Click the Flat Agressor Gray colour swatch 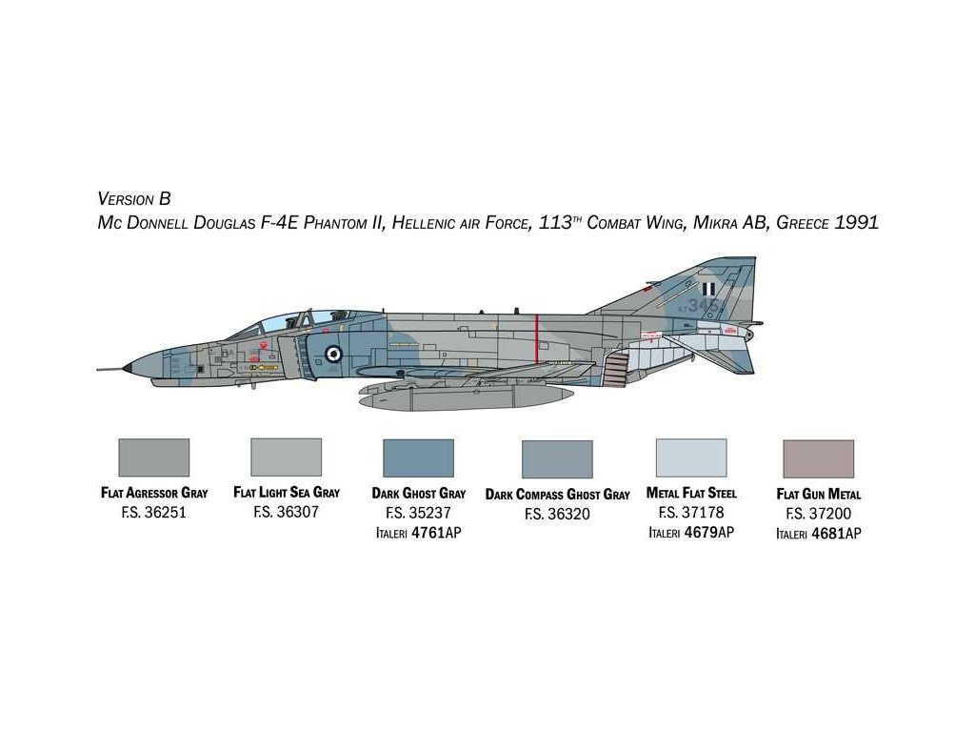pos(153,457)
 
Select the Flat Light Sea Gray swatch pos(286,457)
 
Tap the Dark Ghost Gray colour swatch pos(418,458)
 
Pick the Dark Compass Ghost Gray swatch pos(557,459)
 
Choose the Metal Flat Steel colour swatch pos(691,457)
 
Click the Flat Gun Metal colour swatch pos(818,458)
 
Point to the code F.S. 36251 pos(153,512)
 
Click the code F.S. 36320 pos(557,514)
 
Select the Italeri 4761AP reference pos(418,533)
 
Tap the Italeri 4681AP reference pos(818,534)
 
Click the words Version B pos(134,199)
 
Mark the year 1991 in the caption pos(857,223)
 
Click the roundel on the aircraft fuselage pos(332,354)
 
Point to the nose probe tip pos(100,369)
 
